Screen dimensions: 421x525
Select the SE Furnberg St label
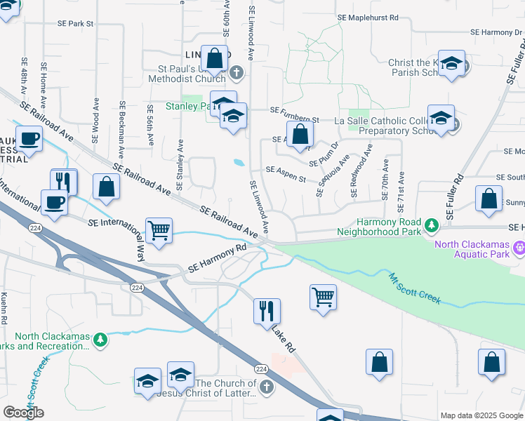coord(295,110)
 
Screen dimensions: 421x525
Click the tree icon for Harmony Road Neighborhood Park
coord(432,225)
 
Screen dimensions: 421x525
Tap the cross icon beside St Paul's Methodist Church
coord(237,72)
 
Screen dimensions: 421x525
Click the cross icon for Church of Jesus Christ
coord(266,387)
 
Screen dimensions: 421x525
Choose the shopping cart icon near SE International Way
coord(159,229)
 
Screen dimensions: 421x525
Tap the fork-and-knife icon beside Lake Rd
coord(267,309)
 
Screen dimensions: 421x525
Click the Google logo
coord(23,413)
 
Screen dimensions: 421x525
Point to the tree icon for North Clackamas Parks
coord(101,340)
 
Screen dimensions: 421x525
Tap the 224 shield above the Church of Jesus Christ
coord(260,369)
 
